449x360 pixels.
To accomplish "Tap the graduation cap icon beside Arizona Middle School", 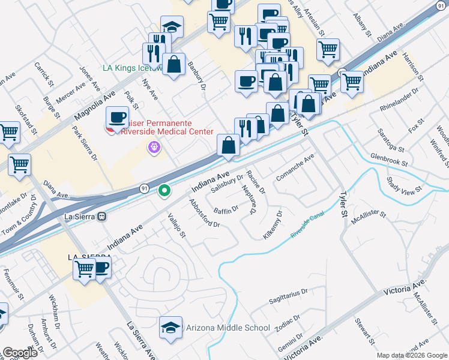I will point(171,328).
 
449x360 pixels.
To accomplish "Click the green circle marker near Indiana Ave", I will point(164,191).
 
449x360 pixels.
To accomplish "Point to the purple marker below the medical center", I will point(155,146).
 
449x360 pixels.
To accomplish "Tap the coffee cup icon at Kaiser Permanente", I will point(118,117).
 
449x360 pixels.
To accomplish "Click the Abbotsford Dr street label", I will point(204,213).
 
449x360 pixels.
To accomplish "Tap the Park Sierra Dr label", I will point(85,144).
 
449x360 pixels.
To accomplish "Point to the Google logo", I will point(20,353).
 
